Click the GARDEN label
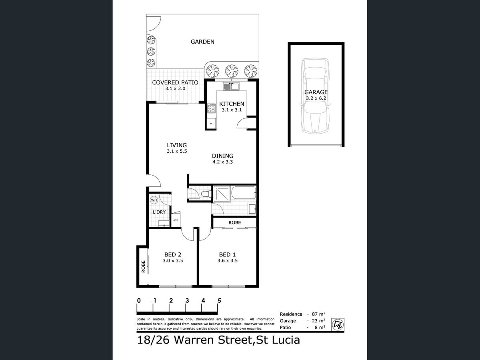(x=202, y=42)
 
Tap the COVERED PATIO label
(x=175, y=83)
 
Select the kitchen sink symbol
(x=231, y=86)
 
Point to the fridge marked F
(x=211, y=124)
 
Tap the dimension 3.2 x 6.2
(x=316, y=98)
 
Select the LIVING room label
(x=177, y=145)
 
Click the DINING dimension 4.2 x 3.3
(x=223, y=162)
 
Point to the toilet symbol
(x=206, y=194)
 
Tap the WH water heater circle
(x=154, y=200)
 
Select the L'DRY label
(x=159, y=212)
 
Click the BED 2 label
(x=173, y=254)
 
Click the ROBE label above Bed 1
(x=234, y=222)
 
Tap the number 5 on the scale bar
(x=219, y=300)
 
